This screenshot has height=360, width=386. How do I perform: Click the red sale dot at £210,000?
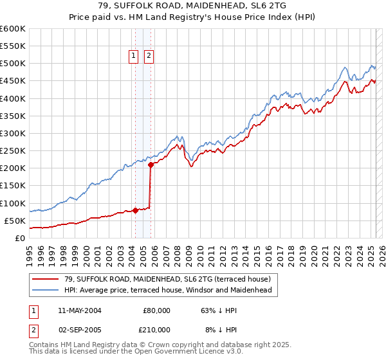(x=151, y=165)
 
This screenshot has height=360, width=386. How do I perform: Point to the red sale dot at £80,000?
(x=136, y=210)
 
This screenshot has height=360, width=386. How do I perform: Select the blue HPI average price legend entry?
(x=167, y=290)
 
